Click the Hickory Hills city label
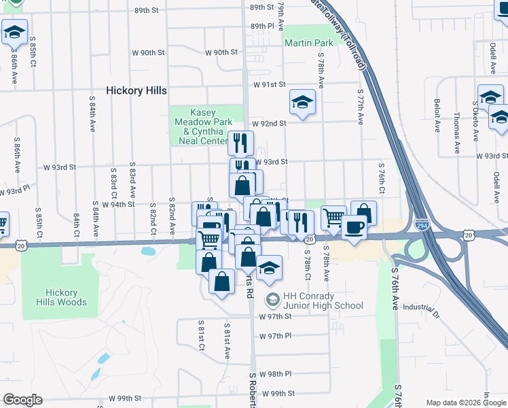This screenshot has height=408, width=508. [137, 90]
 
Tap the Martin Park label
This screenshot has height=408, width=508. [309, 43]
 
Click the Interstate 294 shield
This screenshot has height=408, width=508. [422, 224]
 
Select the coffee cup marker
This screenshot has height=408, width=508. [354, 228]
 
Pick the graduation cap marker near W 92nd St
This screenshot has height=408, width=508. [303, 103]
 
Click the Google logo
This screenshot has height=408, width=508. [22, 400]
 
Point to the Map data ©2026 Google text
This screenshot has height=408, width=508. [467, 403]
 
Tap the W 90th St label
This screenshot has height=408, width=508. [221, 52]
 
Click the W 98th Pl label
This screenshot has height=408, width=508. [274, 374]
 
